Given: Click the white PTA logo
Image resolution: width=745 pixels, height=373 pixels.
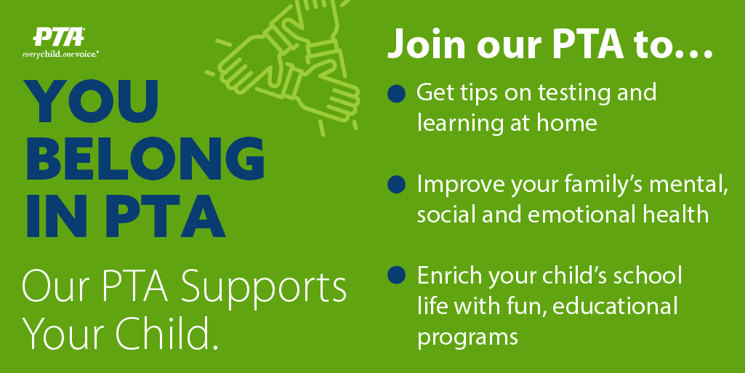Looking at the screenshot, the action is coord(58,37).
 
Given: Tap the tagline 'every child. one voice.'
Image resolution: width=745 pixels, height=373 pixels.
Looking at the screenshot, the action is coord(60,55).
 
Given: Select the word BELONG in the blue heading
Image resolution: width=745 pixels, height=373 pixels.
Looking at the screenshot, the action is coord(145,159).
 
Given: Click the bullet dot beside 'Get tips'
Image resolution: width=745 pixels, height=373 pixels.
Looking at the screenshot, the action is coord(396,94).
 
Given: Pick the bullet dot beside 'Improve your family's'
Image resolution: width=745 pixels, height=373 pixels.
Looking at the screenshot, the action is coord(396,185).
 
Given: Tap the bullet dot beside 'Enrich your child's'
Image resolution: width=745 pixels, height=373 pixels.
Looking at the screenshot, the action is coord(396,275).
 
